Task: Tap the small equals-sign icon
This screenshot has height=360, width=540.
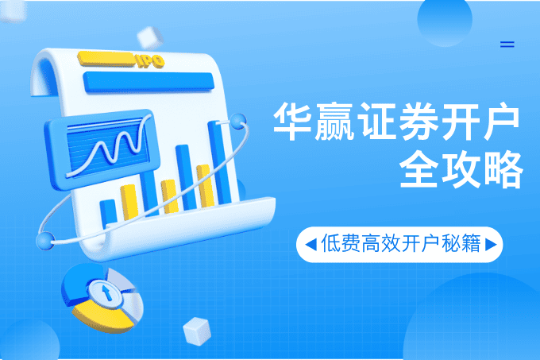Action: (x=507, y=45)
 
